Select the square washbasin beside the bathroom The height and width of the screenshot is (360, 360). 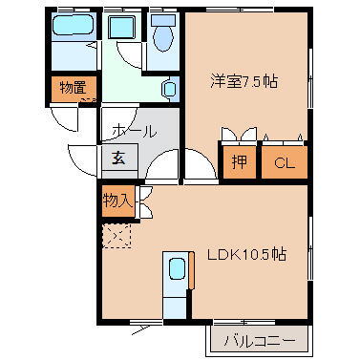click(x=121, y=27)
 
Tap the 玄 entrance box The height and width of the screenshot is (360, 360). click(x=120, y=158)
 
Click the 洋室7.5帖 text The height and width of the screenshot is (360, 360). click(x=244, y=82)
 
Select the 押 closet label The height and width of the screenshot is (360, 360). click(x=239, y=162)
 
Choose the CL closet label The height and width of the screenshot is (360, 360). click(x=285, y=162)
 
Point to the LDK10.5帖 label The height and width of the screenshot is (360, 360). click(x=249, y=255)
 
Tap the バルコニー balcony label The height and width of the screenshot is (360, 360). click(x=259, y=340)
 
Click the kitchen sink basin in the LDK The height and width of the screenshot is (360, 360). click(x=176, y=270)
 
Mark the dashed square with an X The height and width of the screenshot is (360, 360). click(x=117, y=235)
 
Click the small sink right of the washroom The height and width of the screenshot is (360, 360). click(x=169, y=90)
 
